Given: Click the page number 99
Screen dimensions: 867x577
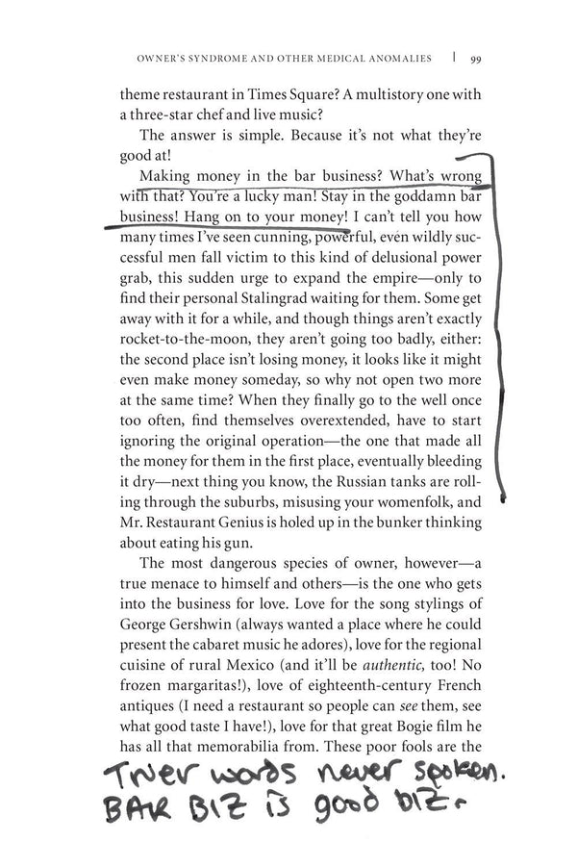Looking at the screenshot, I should pos(476,57).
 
